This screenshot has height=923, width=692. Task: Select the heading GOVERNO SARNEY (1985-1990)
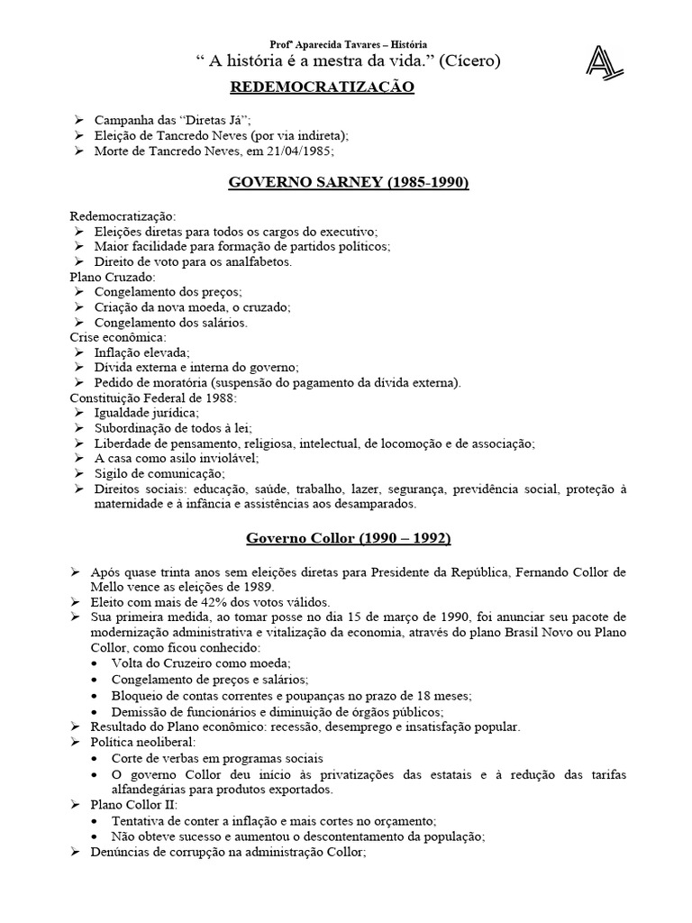348,183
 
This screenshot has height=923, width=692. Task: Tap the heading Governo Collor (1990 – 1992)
349,538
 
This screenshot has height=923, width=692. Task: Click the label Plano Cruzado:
113,277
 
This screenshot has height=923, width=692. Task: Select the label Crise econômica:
115,337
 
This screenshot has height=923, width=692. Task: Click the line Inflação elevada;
141,352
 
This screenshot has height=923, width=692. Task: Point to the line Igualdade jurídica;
147,413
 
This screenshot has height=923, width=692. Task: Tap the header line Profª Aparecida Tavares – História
349,44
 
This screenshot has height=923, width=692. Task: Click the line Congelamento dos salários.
170,322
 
